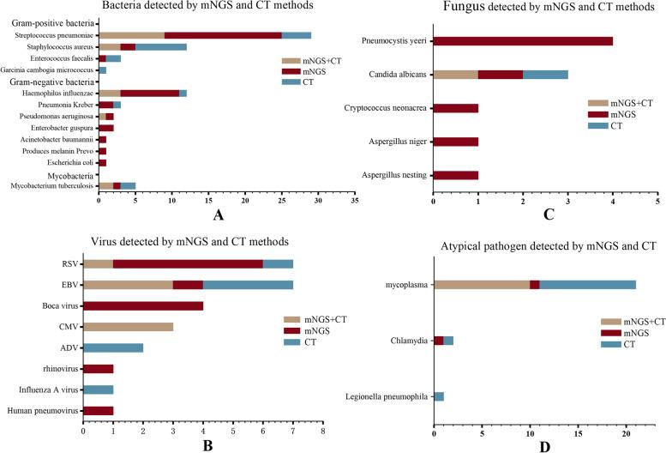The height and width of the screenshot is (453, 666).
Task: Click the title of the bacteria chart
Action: coord(195,7)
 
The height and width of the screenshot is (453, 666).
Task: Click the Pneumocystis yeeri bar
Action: coord(523,40)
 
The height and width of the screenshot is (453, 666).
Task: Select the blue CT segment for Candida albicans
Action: coord(545,74)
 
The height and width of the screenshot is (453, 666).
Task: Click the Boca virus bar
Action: coord(143,305)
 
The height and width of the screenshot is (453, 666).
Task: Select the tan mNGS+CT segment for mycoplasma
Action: coord(482,285)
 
